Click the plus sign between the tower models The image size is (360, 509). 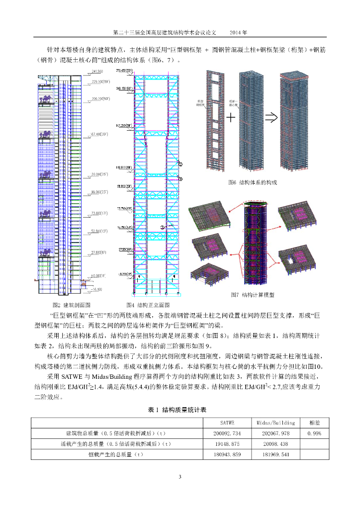click(x=231, y=119)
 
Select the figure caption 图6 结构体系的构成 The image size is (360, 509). click(x=253, y=182)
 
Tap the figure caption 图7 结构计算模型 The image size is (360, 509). click(x=253, y=295)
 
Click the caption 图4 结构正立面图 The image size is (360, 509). click(x=148, y=305)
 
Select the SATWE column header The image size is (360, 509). click(x=231, y=423)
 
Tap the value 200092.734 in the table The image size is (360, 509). click(x=231, y=433)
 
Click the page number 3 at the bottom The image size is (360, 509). click(x=180, y=477)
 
